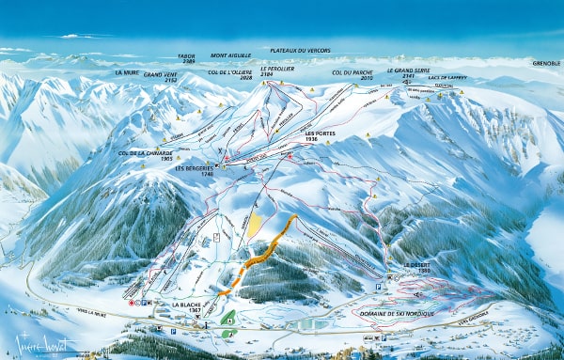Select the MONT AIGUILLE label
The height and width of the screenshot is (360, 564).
point(231,55)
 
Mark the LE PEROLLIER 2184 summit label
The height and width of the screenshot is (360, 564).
point(283,72)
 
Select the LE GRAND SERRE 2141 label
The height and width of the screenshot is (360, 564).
point(406,73)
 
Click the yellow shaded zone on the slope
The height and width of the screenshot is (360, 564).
point(254,226)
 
